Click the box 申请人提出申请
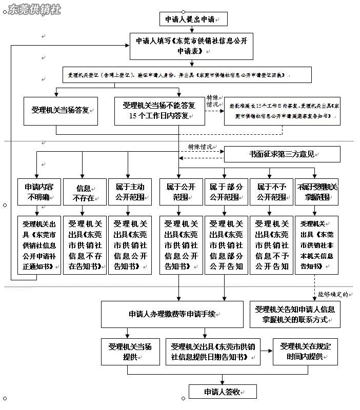point(193,19)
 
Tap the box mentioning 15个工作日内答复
point(159,111)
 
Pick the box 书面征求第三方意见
point(282,154)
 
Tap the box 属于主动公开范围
point(130,192)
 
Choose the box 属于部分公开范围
point(225,192)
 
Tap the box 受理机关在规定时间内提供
point(305,352)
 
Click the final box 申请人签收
point(223,392)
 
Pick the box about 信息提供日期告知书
point(215,352)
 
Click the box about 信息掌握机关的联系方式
point(295,314)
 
